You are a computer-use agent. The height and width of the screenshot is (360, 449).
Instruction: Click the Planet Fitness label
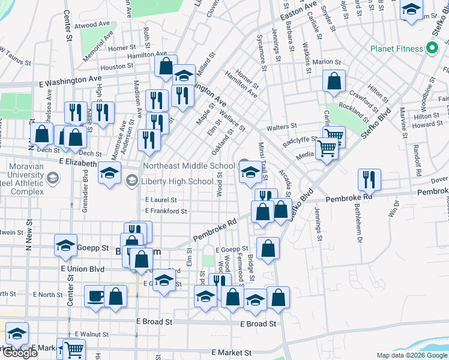pos(396,48)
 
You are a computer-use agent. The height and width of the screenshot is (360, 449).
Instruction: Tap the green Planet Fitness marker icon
pos(430,48)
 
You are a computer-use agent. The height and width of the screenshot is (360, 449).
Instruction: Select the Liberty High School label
pos(176,181)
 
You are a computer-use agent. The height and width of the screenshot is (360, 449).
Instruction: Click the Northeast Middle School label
pos(188,166)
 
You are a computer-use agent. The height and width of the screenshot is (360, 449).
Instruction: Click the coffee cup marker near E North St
pos(96,297)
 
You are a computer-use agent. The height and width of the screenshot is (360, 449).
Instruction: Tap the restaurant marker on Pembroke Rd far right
pos(369,179)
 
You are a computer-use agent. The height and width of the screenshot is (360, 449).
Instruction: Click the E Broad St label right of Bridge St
pos(258,323)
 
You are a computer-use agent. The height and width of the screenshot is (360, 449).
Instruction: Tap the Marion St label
pos(327,61)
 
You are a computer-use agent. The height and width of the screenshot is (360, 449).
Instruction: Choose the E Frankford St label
pos(166,211)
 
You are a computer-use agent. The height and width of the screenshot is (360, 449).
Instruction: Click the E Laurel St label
pos(161,200)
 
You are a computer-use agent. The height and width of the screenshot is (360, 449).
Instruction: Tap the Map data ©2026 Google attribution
pos(411,355)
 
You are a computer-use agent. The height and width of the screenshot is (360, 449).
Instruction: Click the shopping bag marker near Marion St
pos(334,80)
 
